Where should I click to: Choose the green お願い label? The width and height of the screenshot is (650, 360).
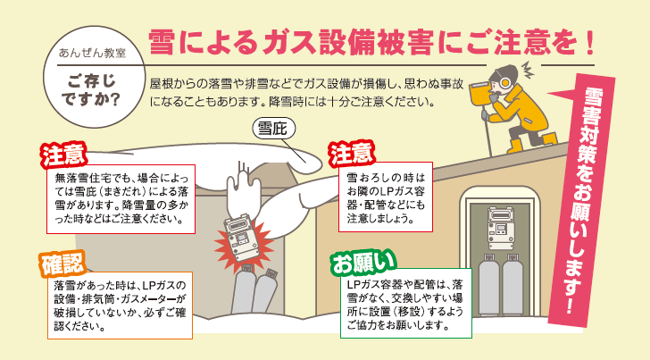click(361, 263)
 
